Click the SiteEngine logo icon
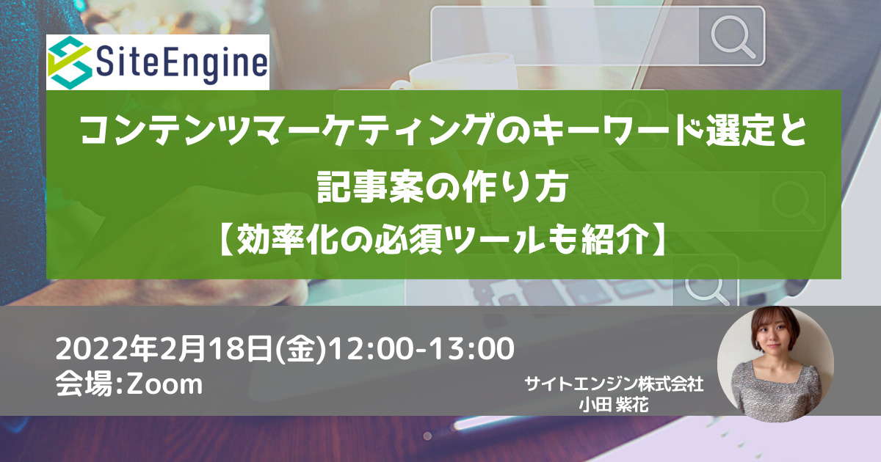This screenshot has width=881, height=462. point(70,62)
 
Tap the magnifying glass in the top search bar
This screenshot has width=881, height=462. point(733,37)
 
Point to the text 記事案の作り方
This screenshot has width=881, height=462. point(443,187)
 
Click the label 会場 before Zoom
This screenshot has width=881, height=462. point(84,384)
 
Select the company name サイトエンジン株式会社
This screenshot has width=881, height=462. point(614,384)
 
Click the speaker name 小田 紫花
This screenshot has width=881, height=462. point(614,405)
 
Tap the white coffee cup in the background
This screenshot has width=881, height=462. point(456,75)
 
